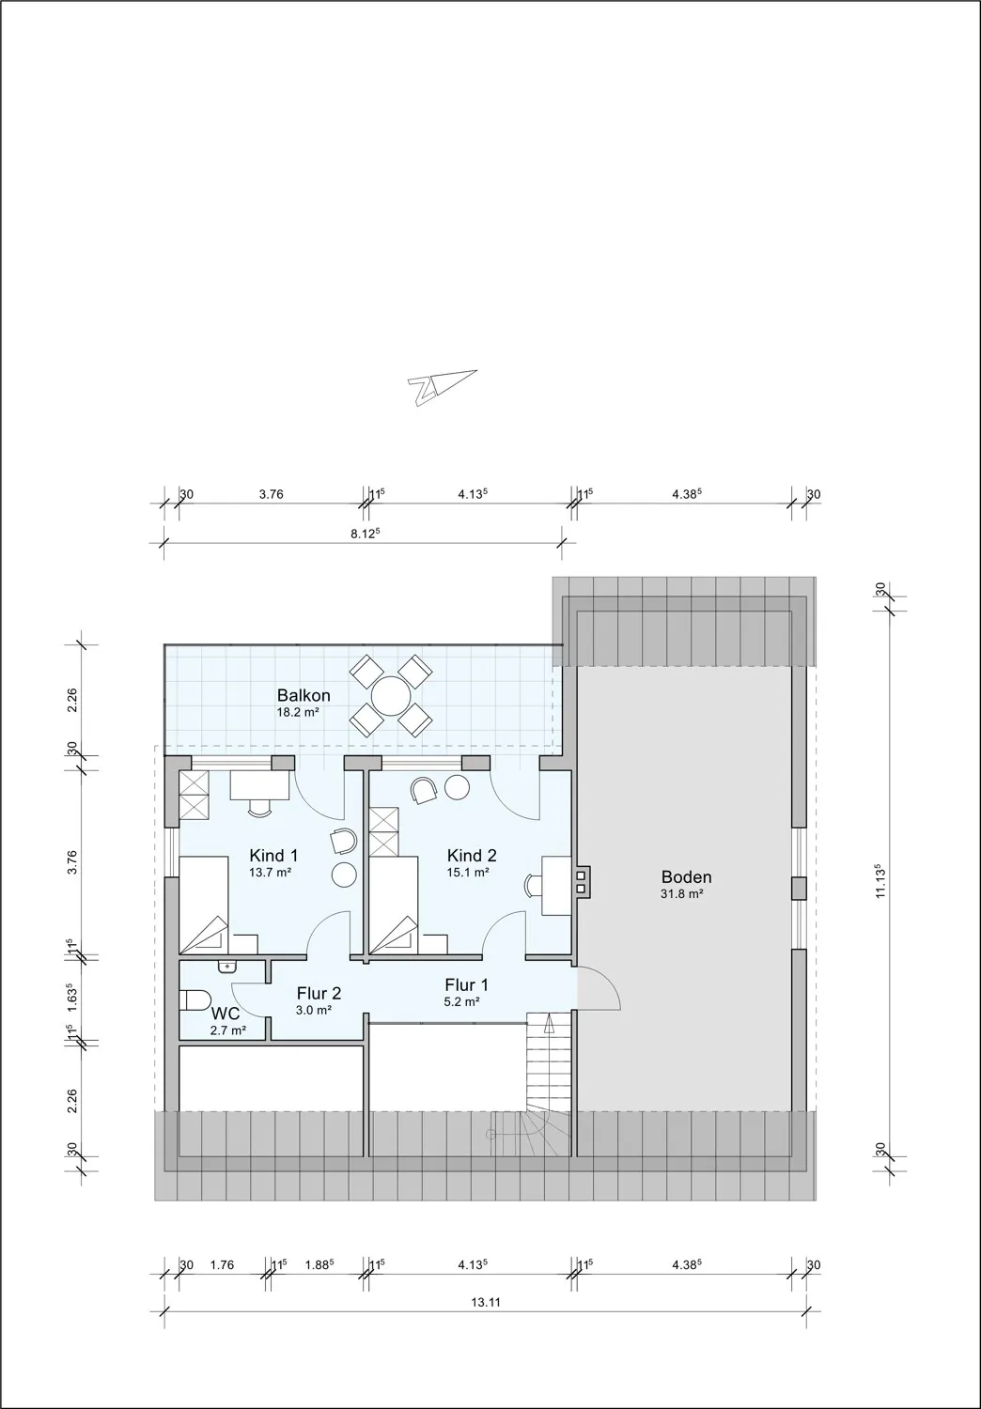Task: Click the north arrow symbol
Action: (x=441, y=386)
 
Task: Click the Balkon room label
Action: (x=303, y=696)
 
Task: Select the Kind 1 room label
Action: (x=273, y=856)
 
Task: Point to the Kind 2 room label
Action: (x=471, y=856)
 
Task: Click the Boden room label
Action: (x=686, y=877)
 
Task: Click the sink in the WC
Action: (x=226, y=967)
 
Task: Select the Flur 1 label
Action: (x=466, y=985)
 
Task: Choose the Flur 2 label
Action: (x=319, y=993)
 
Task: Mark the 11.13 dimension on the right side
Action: (x=880, y=880)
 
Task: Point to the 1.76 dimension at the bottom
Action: (x=222, y=1265)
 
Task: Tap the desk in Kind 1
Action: (x=259, y=784)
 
